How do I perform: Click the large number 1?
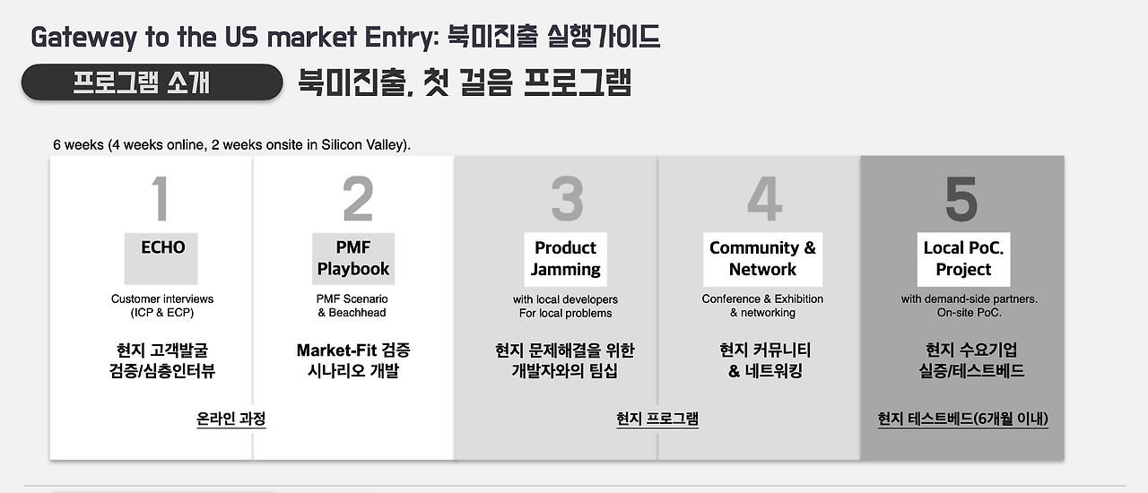[x=161, y=199]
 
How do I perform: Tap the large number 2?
[x=358, y=199]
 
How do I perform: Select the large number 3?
[x=567, y=199]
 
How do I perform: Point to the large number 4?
[x=763, y=199]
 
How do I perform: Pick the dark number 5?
[x=961, y=199]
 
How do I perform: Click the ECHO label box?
[x=161, y=258]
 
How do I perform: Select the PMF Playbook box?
[x=353, y=258]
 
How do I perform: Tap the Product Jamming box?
[x=565, y=258]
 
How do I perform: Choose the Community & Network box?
[x=762, y=258]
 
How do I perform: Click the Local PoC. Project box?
[x=963, y=258]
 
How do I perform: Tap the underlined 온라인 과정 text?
[x=231, y=419]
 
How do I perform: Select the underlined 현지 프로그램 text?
[x=657, y=419]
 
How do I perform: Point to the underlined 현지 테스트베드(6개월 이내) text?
[x=963, y=419]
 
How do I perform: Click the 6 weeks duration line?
[x=232, y=144]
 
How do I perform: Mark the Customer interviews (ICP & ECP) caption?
[x=162, y=306]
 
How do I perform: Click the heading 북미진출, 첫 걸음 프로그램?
[x=465, y=82]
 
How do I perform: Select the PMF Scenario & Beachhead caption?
[x=352, y=306]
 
